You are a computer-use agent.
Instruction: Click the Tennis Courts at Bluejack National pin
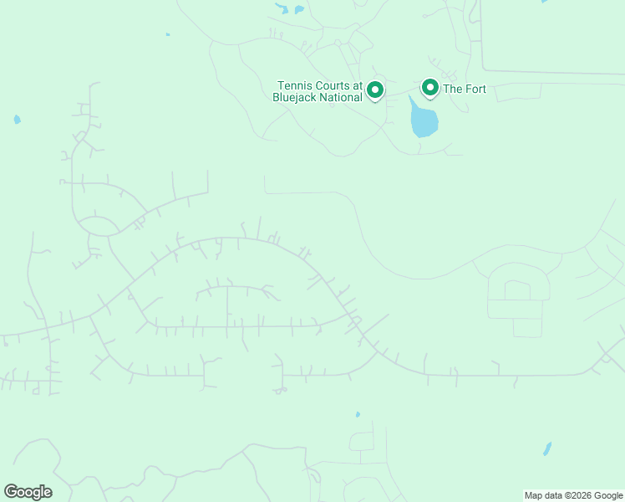tap(375, 89)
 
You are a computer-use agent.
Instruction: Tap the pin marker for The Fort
tap(430, 87)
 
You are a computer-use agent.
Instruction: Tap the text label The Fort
tap(465, 89)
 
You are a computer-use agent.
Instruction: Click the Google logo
tap(28, 492)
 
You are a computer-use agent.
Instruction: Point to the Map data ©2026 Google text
tap(572, 495)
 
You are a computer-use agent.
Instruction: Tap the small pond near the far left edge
tap(17, 120)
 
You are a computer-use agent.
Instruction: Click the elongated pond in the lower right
tap(547, 448)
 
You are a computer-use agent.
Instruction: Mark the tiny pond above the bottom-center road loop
tap(358, 414)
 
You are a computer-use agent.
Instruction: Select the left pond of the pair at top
tap(282, 9)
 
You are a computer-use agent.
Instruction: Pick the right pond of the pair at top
tap(298, 11)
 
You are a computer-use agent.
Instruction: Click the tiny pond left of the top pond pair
tap(168, 34)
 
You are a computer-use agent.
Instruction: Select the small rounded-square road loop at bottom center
tap(362, 442)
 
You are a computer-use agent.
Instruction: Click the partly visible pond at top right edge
tap(543, 2)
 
